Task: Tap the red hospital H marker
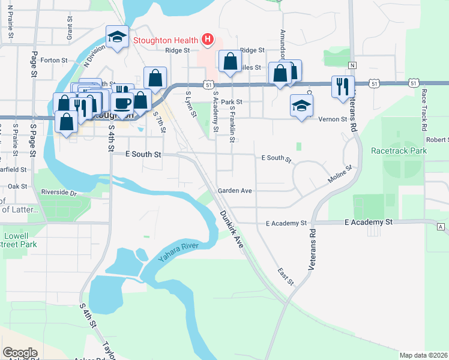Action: pos(207,40)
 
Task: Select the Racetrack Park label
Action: pos(399,151)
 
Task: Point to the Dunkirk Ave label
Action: pos(231,229)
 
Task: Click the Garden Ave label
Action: pos(234,190)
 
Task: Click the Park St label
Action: pos(231,102)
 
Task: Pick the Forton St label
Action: pos(53,60)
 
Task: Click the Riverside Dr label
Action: pos(59,193)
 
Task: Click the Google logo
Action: pos(20,353)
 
